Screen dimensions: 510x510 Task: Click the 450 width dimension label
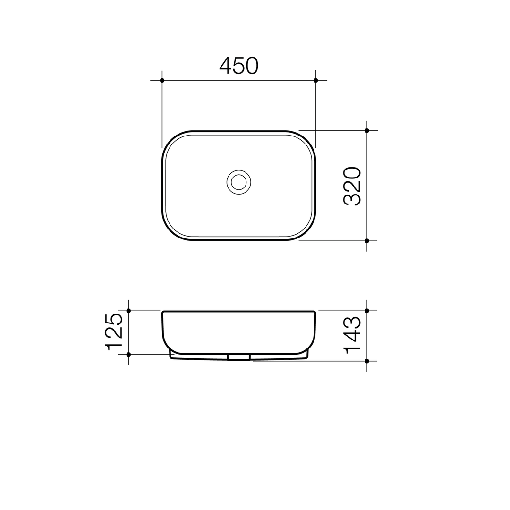(x=239, y=65)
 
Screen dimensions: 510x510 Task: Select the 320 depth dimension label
(x=352, y=186)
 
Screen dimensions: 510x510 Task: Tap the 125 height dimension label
(x=114, y=332)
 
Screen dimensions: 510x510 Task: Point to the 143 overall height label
(x=352, y=335)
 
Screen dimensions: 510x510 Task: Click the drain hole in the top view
(x=239, y=182)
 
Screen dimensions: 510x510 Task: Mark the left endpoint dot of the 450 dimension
(x=162, y=80)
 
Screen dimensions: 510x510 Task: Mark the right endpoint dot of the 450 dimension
(x=316, y=80)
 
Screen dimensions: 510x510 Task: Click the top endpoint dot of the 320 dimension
(x=367, y=130)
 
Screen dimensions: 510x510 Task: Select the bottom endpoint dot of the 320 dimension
(x=367, y=241)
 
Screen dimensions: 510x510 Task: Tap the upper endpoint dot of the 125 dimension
(x=128, y=311)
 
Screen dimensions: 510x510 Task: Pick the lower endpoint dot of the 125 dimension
(x=128, y=354)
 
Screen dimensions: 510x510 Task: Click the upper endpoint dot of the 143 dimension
(x=367, y=311)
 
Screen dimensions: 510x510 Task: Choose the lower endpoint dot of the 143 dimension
(x=367, y=361)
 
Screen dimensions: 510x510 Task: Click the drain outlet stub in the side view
(x=239, y=357)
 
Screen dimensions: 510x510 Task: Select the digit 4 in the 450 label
(x=225, y=65)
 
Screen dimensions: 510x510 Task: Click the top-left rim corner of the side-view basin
(x=163, y=312)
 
